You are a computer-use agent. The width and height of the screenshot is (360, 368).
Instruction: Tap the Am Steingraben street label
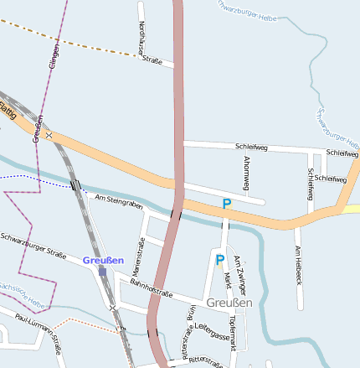pos(119,202)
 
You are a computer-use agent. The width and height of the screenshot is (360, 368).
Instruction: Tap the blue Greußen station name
pos(103,260)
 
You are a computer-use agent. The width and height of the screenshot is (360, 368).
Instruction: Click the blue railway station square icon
pos(103,271)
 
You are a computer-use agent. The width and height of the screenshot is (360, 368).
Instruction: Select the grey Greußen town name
pos(229,303)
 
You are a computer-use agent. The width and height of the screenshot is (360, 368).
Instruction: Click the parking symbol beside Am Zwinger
pos(219,261)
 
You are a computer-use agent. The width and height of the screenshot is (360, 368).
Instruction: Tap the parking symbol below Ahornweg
pos(226,204)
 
